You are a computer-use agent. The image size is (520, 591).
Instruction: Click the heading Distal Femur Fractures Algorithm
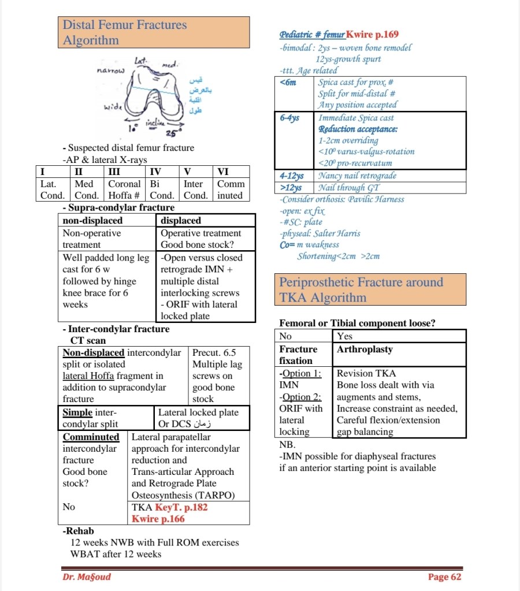(x=124, y=32)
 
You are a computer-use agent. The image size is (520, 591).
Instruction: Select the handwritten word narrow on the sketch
(x=109, y=69)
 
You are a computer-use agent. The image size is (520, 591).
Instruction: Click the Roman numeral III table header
(x=114, y=172)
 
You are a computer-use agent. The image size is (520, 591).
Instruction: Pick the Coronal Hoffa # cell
(x=125, y=189)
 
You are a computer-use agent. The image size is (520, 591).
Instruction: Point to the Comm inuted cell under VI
(x=231, y=189)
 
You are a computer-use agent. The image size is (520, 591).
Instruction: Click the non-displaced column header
(x=92, y=220)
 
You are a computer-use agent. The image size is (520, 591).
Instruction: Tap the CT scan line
(x=88, y=341)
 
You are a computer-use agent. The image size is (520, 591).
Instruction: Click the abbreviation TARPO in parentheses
(x=214, y=495)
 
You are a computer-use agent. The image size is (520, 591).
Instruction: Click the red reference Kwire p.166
(x=158, y=519)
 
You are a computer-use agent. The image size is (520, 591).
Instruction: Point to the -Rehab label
(x=78, y=530)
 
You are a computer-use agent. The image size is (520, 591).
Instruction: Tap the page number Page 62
(x=444, y=577)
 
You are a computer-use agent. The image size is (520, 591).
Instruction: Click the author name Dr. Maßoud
(x=86, y=577)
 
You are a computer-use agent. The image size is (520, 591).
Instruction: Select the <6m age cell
(x=288, y=83)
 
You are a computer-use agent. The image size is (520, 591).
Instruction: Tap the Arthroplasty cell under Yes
(x=365, y=350)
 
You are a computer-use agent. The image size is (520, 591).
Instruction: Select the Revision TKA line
(x=366, y=374)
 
